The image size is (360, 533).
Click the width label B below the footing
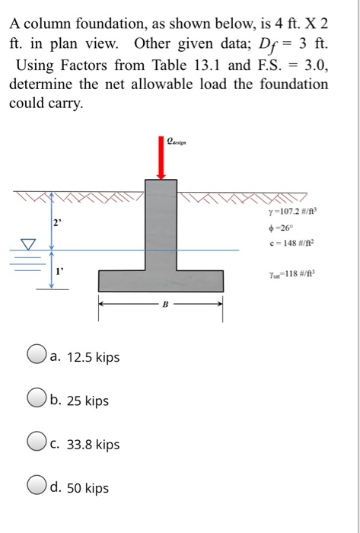coord(160,307)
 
